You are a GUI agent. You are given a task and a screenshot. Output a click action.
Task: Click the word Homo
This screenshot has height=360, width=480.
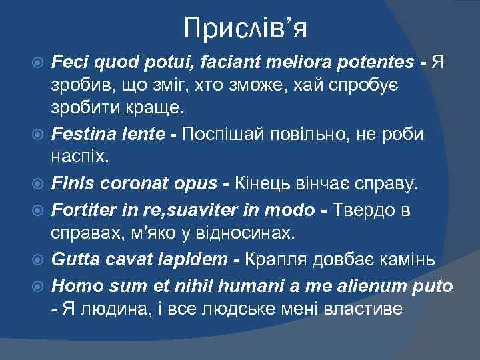(x=71, y=287)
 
